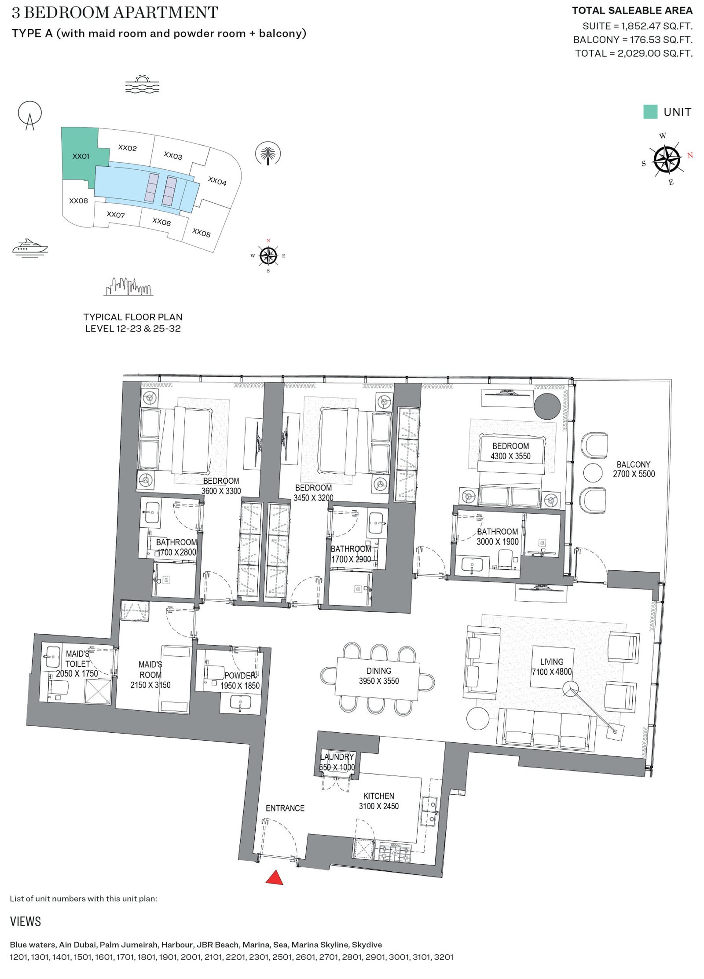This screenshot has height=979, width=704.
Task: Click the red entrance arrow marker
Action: (274, 877)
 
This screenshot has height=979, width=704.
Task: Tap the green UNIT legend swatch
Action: (650, 112)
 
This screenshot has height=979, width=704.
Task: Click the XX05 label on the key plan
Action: (202, 233)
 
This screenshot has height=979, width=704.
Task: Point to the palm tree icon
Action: (268, 154)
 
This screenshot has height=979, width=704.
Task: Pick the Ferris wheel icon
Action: (29, 115)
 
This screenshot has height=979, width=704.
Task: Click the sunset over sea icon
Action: (142, 84)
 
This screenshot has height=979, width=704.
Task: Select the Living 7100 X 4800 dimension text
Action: (552, 672)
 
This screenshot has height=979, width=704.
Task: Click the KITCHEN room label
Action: (379, 796)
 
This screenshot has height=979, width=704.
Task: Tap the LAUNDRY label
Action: (337, 757)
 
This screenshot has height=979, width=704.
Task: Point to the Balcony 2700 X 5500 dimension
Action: (634, 474)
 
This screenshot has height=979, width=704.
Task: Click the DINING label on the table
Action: (379, 671)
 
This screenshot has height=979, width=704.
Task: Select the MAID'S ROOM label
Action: (150, 669)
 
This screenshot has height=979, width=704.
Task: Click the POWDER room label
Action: (240, 675)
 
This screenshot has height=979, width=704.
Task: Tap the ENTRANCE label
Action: (285, 808)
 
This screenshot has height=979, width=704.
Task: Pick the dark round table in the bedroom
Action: (548, 405)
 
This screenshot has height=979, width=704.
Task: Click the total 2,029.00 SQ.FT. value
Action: (655, 53)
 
